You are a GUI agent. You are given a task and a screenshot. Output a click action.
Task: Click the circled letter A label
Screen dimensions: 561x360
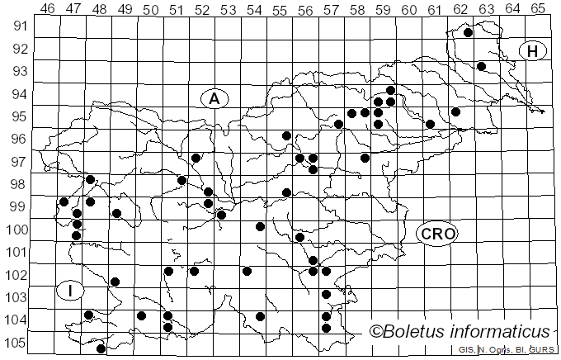click(214, 99)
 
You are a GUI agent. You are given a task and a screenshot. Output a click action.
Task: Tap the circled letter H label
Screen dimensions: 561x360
click(533, 51)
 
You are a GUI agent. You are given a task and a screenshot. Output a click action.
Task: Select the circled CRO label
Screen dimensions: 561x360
click(436, 234)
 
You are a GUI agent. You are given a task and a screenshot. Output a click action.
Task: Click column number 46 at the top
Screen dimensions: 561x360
click(47, 8)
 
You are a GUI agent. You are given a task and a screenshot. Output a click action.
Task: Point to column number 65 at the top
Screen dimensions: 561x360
click(537, 8)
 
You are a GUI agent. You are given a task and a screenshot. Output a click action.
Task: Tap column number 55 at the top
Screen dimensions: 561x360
click(279, 8)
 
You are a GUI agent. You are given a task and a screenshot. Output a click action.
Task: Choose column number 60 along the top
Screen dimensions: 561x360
click(408, 8)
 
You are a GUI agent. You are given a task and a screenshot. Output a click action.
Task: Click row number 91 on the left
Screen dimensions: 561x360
click(18, 26)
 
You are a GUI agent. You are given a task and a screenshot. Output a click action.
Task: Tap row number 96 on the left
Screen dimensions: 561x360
click(18, 139)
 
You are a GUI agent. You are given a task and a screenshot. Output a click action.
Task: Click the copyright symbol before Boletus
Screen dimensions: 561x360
click(376, 332)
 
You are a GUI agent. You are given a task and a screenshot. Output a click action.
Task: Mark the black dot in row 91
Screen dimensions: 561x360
click(468, 33)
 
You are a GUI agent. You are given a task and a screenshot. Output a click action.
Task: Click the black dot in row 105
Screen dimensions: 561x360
click(101, 348)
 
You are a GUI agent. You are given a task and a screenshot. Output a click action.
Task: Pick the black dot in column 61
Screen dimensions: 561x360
click(430, 124)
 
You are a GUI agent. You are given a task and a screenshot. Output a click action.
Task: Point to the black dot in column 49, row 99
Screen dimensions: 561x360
click(116, 213)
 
